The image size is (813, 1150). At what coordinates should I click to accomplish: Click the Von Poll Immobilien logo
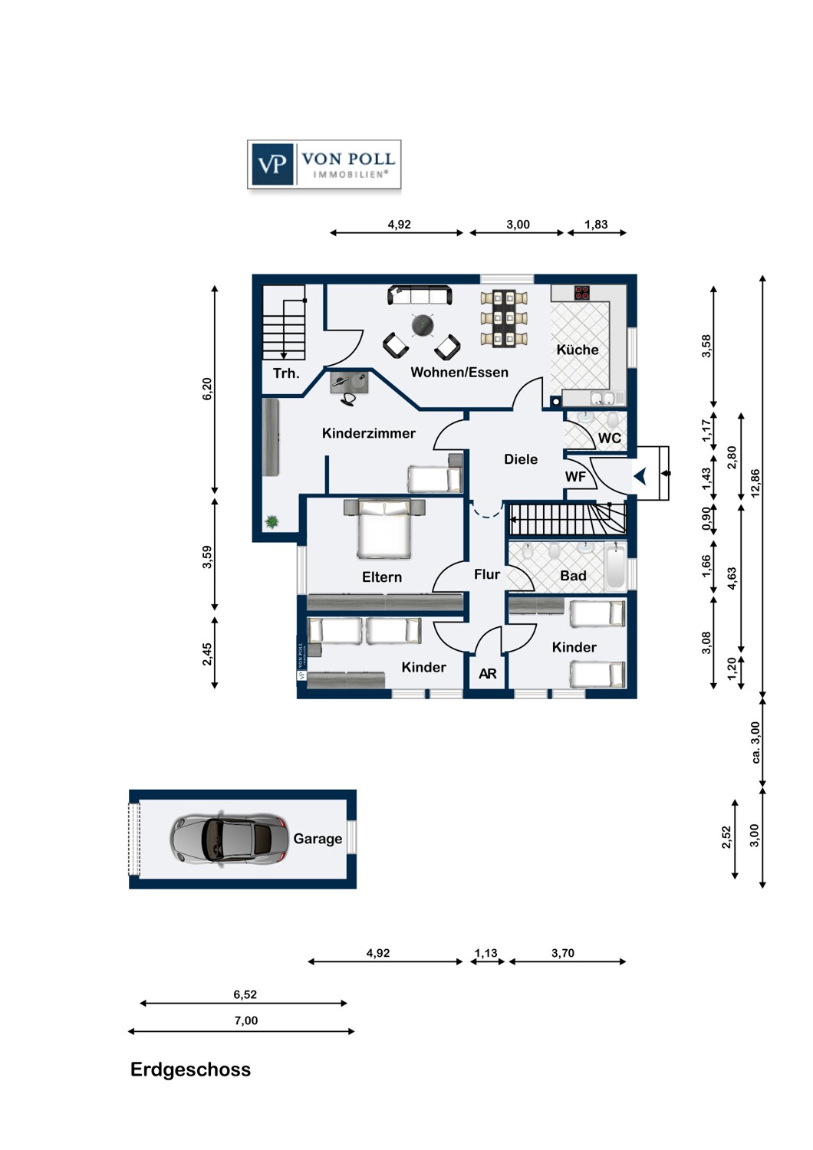[x=324, y=164]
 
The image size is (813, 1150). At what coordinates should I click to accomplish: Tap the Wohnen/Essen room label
[x=459, y=372]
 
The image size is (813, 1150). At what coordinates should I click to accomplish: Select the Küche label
[x=578, y=350]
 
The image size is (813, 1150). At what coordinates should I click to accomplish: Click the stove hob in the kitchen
[x=582, y=293]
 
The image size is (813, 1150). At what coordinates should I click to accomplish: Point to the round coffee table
[x=423, y=324]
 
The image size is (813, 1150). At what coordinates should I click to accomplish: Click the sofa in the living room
[x=420, y=295]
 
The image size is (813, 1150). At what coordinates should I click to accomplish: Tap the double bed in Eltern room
[x=384, y=528]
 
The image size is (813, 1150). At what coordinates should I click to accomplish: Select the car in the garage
[x=229, y=839]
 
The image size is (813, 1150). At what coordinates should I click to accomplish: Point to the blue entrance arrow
[x=640, y=477]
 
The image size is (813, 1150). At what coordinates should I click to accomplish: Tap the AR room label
[x=487, y=674]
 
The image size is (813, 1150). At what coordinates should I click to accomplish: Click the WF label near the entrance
[x=575, y=477]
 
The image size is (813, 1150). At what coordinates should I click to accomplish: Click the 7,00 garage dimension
[x=246, y=1020]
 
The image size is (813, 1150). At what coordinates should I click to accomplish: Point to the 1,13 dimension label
[x=485, y=953]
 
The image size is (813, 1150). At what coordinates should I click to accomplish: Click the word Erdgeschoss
[x=190, y=1070]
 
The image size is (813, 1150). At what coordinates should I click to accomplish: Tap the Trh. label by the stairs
[x=286, y=373]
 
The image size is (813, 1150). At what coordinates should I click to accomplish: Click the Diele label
[x=521, y=459]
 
